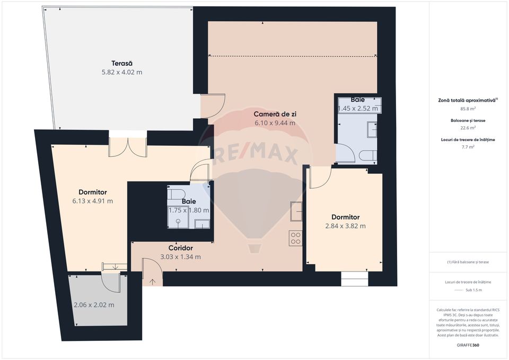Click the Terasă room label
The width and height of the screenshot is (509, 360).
click(x=122, y=62)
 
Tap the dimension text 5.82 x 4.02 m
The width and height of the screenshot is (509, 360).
click(x=122, y=72)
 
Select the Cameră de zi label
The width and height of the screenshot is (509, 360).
click(x=274, y=113)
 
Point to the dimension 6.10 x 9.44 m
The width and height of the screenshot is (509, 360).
click(x=274, y=123)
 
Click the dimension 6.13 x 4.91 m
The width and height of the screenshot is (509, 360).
click(x=92, y=201)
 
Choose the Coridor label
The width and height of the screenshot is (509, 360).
click(x=180, y=248)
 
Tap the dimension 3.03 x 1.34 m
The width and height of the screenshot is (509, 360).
click(x=180, y=257)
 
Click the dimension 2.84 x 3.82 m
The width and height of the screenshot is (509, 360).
click(x=345, y=226)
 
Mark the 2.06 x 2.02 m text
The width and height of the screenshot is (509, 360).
click(x=94, y=305)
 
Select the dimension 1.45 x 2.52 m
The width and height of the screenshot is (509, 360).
click(x=358, y=109)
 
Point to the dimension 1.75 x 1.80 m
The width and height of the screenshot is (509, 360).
click(x=188, y=210)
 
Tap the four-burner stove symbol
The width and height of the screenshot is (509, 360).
click(x=296, y=238)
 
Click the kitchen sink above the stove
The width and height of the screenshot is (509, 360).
click(x=296, y=212)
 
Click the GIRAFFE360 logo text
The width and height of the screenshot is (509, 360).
click(x=468, y=345)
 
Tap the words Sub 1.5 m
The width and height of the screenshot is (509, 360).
click(x=473, y=290)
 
